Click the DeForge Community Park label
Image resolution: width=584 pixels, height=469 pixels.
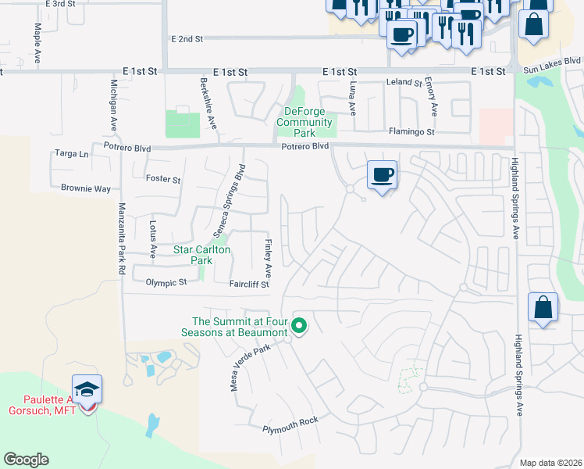tap(304, 122)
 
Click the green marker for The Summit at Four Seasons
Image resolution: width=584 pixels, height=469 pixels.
tap(298, 326)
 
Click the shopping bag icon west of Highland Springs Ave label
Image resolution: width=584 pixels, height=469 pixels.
tap(543, 308)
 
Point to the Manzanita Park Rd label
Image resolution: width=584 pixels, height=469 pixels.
tap(122, 238)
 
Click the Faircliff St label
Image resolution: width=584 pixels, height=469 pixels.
tap(249, 285)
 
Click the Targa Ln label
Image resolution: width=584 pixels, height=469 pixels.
tap(70, 154)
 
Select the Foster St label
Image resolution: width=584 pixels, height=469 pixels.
tap(163, 179)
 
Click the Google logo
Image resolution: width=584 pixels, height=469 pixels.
tap(27, 460)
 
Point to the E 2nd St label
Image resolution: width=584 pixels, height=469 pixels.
tap(187, 38)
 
